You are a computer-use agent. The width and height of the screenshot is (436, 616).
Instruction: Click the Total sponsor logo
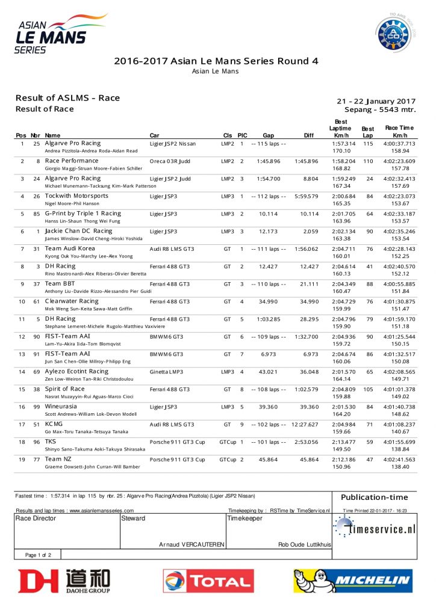point(208,581)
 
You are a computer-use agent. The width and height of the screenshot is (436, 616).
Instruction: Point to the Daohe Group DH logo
point(64,581)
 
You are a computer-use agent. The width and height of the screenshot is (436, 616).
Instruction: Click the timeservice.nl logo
point(375,529)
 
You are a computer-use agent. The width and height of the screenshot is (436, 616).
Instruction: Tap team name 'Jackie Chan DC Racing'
point(78,231)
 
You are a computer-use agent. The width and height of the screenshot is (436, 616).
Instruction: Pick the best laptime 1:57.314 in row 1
point(344,144)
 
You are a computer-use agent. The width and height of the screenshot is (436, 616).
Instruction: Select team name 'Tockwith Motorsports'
point(76,196)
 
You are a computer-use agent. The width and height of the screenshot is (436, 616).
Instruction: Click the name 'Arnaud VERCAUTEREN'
point(192,544)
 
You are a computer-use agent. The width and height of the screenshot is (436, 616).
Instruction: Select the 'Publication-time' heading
point(374,497)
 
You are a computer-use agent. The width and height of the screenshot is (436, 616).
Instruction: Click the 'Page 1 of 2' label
point(38,555)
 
